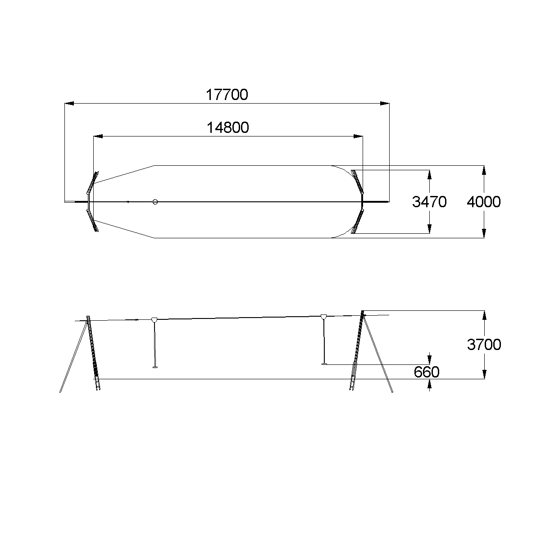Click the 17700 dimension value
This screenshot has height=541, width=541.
[x=227, y=95]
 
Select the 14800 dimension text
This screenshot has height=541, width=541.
[x=227, y=127]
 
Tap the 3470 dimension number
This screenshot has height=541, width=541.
[x=429, y=202]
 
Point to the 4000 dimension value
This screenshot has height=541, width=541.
[x=484, y=202]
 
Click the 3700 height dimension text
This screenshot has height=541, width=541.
[x=484, y=345]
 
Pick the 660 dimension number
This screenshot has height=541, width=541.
[x=427, y=372]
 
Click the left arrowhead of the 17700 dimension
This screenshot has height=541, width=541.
[x=69, y=103]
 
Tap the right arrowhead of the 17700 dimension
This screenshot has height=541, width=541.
[x=385, y=103]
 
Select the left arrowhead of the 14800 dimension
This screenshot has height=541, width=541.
[x=98, y=136]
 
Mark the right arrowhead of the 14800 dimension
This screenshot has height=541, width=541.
[x=358, y=136]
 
